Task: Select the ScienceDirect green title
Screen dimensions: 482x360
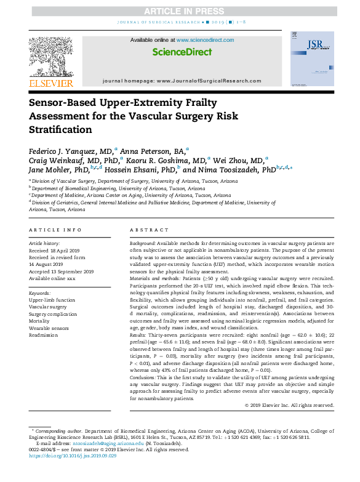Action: [x=182, y=52]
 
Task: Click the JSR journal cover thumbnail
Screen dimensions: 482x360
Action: [x=312, y=59]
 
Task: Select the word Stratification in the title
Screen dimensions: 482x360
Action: [x=60, y=130]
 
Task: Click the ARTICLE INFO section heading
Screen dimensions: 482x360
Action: [x=55, y=230]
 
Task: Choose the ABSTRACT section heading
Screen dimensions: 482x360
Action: [x=145, y=230]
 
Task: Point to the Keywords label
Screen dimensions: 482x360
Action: [x=40, y=293]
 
